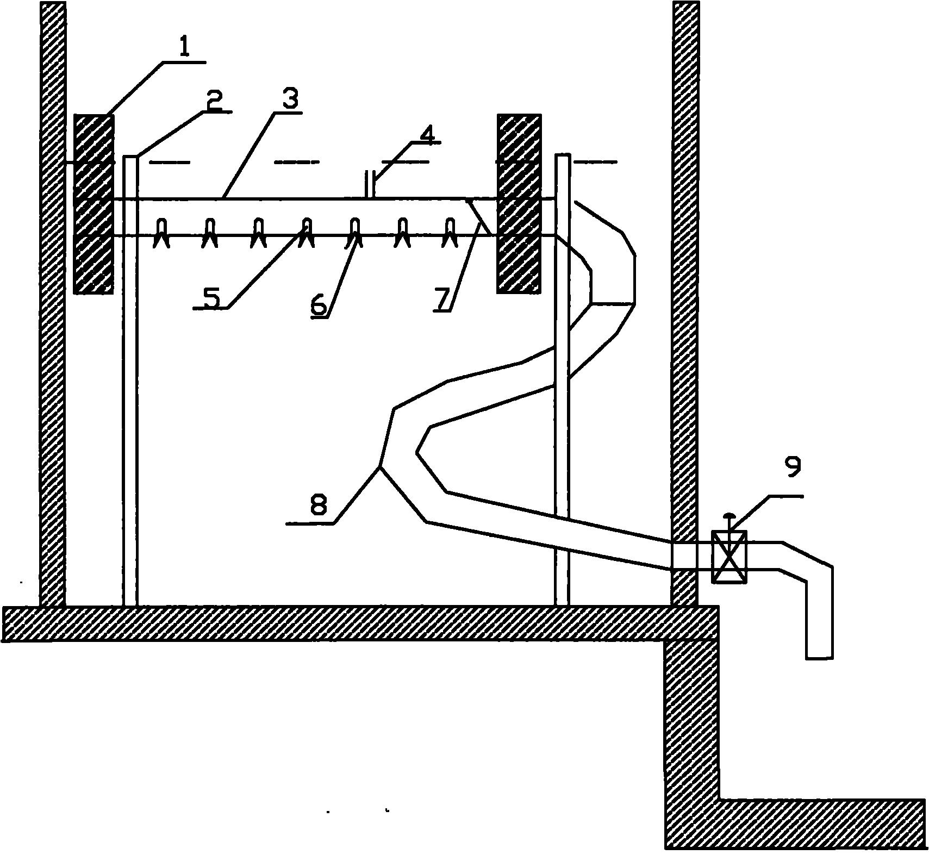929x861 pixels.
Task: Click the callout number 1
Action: point(184,48)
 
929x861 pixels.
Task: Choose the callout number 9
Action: point(793,467)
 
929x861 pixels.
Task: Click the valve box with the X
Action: point(730,557)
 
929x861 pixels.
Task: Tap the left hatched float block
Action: point(93,204)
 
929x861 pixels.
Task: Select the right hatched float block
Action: point(519,204)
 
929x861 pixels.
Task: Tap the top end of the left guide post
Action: point(130,158)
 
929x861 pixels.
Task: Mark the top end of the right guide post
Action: point(563,156)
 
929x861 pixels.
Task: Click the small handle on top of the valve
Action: point(730,515)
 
